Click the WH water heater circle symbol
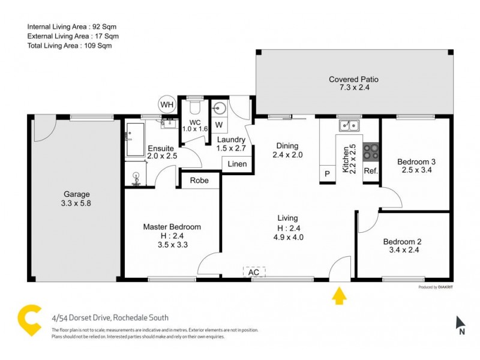pos(166,104)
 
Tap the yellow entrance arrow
pos(339,296)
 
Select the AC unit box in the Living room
pos(254,272)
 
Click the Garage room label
pos(77,194)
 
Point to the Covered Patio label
pos(353,79)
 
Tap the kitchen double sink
pos(348,126)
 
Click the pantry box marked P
pos(328,173)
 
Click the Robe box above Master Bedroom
pos(199,180)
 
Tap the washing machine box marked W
pos(218,125)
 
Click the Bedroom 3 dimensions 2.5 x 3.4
pos(416,170)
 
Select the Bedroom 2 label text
pos(402,242)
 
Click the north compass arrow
pos(460,323)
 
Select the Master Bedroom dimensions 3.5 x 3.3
pos(171,245)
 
